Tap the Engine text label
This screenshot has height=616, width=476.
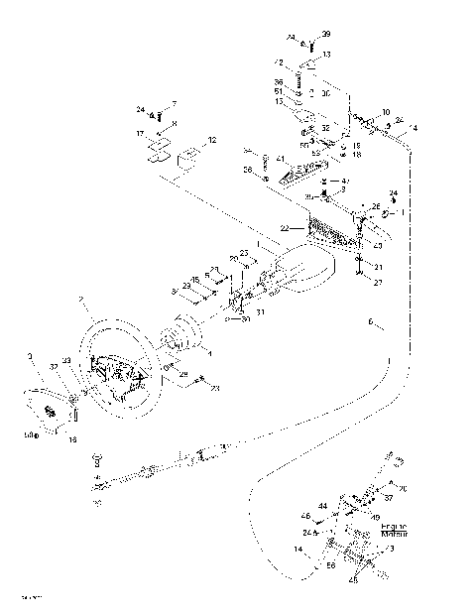[366, 527]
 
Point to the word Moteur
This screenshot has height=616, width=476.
[367, 535]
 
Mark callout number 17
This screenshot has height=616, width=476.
[141, 132]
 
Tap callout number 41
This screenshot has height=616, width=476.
[282, 159]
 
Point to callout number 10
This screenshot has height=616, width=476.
[386, 112]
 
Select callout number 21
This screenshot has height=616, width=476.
[378, 267]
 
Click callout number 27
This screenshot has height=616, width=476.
[378, 283]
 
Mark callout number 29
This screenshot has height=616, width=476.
[182, 374]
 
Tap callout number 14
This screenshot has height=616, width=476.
[298, 548]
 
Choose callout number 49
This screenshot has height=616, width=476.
[375, 517]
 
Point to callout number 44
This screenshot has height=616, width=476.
[324, 506]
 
